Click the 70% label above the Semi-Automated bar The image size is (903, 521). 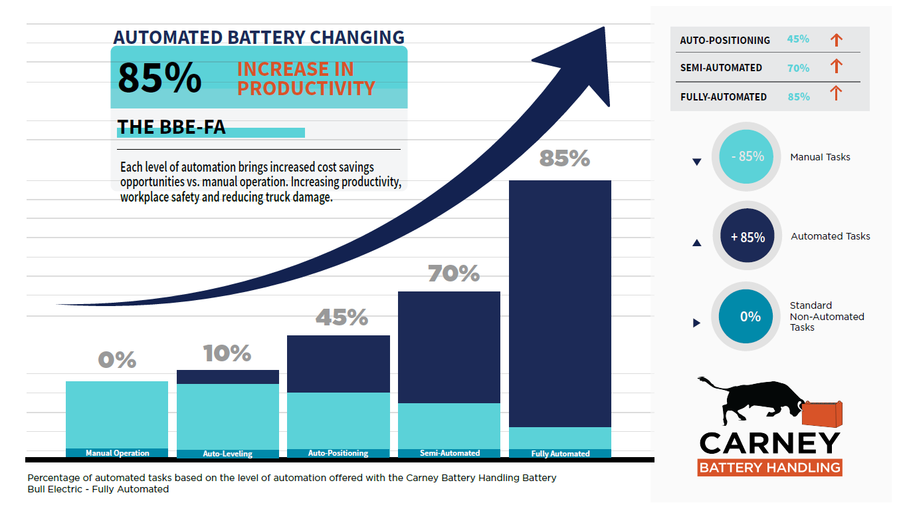click(x=453, y=273)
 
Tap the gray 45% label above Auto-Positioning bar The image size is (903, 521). click(x=342, y=317)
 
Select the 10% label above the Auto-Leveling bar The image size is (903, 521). click(x=227, y=353)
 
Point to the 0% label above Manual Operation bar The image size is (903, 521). click(x=117, y=360)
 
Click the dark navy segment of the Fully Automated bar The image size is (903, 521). click(x=560, y=303)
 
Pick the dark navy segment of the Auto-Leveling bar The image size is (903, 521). click(x=228, y=377)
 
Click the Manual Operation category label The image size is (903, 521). click(x=118, y=453)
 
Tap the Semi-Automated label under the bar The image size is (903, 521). click(x=450, y=453)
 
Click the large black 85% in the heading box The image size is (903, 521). click(x=159, y=78)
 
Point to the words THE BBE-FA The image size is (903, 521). click(x=171, y=128)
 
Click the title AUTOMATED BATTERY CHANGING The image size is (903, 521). click(x=258, y=37)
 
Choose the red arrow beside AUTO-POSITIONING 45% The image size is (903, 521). click(x=836, y=40)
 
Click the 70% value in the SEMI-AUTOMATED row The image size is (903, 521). click(x=798, y=68)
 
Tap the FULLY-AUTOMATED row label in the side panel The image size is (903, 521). click(x=723, y=97)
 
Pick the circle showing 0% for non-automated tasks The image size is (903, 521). click(x=750, y=317)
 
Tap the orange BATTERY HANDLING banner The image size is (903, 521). click(x=769, y=467)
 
